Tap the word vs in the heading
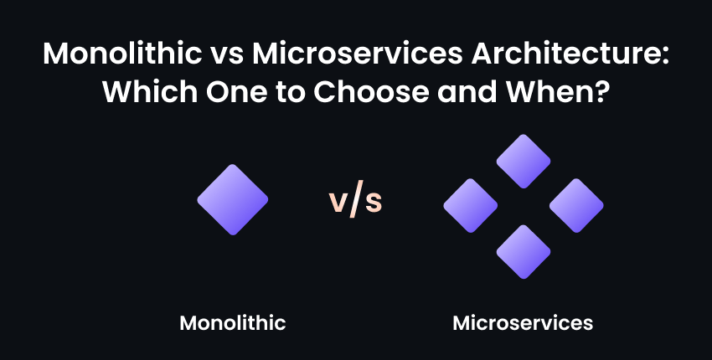point(227,56)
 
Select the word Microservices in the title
point(358,54)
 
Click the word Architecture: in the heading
point(570,54)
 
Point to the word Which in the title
point(149,91)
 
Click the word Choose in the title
point(371,91)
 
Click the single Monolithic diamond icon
point(233,200)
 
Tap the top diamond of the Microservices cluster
point(524,161)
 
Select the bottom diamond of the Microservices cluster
point(524,251)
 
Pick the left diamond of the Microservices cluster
point(471,206)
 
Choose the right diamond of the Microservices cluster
point(576,206)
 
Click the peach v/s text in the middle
point(355,199)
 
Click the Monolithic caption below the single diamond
point(233,323)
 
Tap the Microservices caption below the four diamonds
point(523,323)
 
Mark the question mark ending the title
point(601,91)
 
